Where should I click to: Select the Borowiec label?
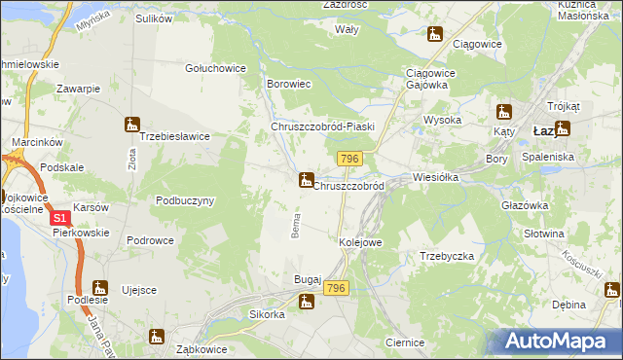click(288, 85)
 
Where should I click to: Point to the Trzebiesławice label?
click(175, 136)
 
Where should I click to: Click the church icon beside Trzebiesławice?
click(131, 125)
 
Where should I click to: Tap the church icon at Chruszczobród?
click(306, 180)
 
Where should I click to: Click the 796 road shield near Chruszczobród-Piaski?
click(350, 159)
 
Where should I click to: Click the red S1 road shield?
click(59, 220)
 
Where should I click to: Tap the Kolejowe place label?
click(359, 241)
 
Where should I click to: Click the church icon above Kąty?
click(503, 112)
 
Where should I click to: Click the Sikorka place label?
click(267, 314)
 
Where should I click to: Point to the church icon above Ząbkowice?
click(156, 337)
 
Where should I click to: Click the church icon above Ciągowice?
click(435, 35)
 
